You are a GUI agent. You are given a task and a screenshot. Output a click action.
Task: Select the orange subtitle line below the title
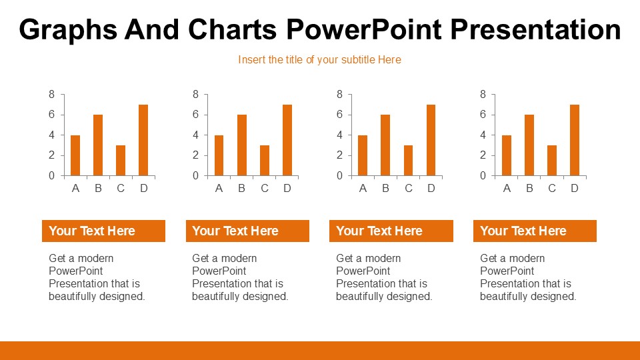tap(319, 59)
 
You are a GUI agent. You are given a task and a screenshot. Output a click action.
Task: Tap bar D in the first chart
tap(143, 140)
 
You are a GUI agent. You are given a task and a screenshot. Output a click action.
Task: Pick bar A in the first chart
tap(75, 155)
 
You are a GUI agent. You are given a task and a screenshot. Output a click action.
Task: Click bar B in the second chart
tap(242, 145)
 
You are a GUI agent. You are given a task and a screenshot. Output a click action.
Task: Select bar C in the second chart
tap(265, 160)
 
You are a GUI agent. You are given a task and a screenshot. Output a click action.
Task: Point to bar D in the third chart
tap(431, 140)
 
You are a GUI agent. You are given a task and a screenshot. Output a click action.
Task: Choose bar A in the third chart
tap(363, 155)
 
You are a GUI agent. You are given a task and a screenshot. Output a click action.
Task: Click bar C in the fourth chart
tap(552, 160)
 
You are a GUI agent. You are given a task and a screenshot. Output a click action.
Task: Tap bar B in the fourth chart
tap(529, 145)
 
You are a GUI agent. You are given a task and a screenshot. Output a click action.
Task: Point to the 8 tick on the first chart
tap(52, 95)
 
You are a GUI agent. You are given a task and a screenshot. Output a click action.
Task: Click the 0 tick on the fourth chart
tap(483, 176)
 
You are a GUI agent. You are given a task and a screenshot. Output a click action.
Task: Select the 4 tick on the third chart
tap(339, 135)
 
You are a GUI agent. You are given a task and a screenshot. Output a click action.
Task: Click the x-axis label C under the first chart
tap(121, 189)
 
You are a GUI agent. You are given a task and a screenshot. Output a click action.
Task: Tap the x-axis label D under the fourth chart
tap(575, 189)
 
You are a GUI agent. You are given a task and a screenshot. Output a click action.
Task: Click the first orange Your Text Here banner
tap(103, 231)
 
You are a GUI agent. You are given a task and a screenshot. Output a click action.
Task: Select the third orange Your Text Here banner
tap(391, 231)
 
